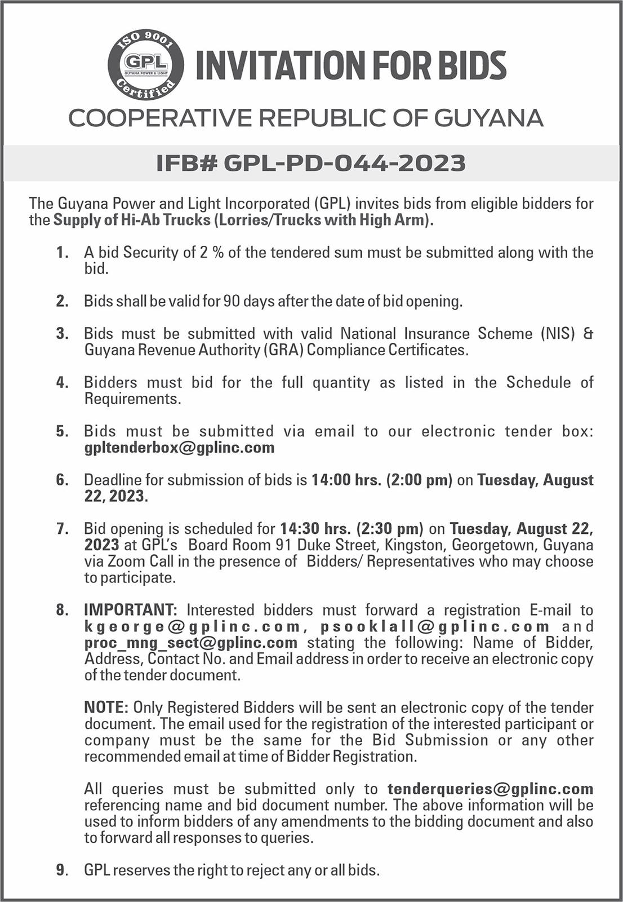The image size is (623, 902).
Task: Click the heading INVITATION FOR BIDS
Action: pos(350,65)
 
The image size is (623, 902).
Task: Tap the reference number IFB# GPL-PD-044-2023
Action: pos(311,163)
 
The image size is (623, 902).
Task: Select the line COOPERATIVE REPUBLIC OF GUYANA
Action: pos(306,118)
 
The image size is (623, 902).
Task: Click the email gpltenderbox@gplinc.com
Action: pos(179,448)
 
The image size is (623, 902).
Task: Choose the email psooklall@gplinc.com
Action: pos(435,626)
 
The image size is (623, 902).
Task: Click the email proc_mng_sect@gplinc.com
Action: pos(191,643)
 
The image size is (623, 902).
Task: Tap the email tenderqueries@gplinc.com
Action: pos(490,789)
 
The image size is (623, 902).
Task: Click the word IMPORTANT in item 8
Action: pos(131,610)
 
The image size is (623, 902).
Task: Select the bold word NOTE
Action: pos(106,708)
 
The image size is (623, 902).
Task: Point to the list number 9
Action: pos(61,870)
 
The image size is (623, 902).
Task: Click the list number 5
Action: pos(61,431)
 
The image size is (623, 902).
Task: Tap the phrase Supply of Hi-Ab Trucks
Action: pos(132,220)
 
